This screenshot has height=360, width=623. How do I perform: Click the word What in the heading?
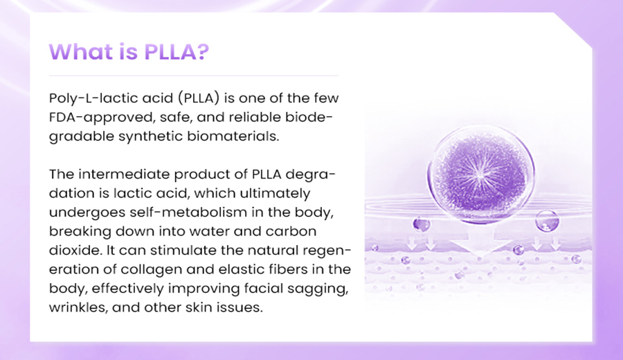point(81,52)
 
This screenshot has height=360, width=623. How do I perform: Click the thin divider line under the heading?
point(194,75)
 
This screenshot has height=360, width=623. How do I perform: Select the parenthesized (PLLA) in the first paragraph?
point(199,98)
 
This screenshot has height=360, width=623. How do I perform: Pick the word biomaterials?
point(233,136)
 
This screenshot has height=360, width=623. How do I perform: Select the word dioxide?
point(73,251)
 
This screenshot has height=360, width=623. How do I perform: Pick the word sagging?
point(322,289)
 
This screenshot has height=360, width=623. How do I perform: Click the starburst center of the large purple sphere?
point(480,174)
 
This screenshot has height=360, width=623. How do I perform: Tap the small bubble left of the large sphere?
point(421,224)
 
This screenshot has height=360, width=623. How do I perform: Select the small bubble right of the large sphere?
point(547,221)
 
